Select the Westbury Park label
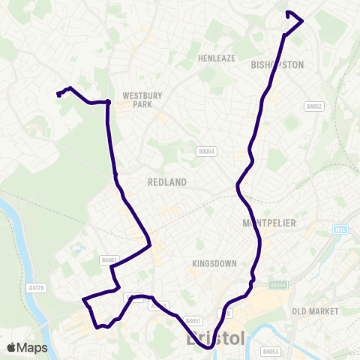[x=137, y=100]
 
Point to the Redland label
[x=166, y=182]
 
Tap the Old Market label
[x=315, y=310]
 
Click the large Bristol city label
[x=214, y=339]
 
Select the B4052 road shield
[x=313, y=107]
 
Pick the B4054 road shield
[x=206, y=151]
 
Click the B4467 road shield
[x=109, y=259]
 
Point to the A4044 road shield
[x=278, y=284]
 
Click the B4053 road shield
[x=271, y=350]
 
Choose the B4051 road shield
[x=193, y=319]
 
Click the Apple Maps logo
[x=27, y=347]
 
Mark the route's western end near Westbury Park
[x=58, y=94]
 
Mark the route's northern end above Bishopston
[x=288, y=13]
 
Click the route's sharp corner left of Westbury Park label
[x=107, y=101]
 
